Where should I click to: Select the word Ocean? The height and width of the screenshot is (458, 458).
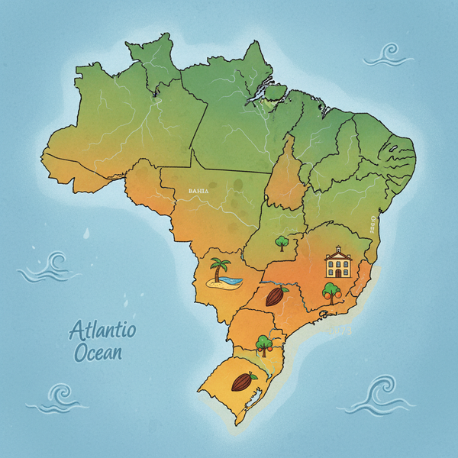pos(98,353)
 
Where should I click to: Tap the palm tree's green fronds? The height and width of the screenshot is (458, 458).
pos(221,265)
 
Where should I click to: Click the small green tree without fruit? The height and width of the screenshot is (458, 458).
pos(282,243)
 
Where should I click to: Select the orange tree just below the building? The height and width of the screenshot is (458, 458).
pos(331,292)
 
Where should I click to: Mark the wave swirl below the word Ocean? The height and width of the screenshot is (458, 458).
pos(60,396)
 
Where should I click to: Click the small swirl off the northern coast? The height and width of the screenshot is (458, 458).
pos(388,54)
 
